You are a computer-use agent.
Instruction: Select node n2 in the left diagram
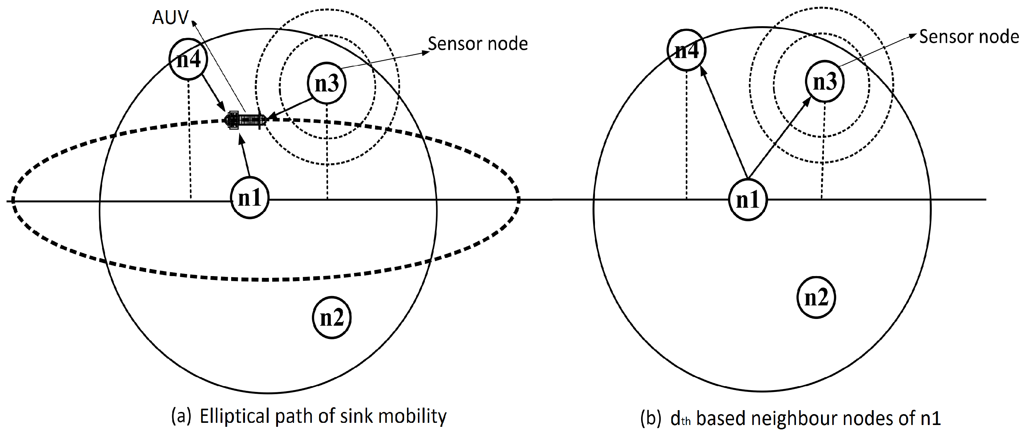coord(331,318)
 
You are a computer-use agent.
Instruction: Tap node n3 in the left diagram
coord(327,83)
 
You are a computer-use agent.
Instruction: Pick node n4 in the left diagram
coord(188,60)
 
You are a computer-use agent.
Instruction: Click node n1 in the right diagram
coord(747,199)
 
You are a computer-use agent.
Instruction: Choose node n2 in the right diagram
coord(816,298)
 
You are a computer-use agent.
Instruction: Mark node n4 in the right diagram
coord(687,50)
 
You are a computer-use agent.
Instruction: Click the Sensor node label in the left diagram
coord(478,44)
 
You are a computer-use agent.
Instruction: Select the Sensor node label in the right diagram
coord(969,37)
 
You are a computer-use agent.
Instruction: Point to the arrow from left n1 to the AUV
coord(245,156)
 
